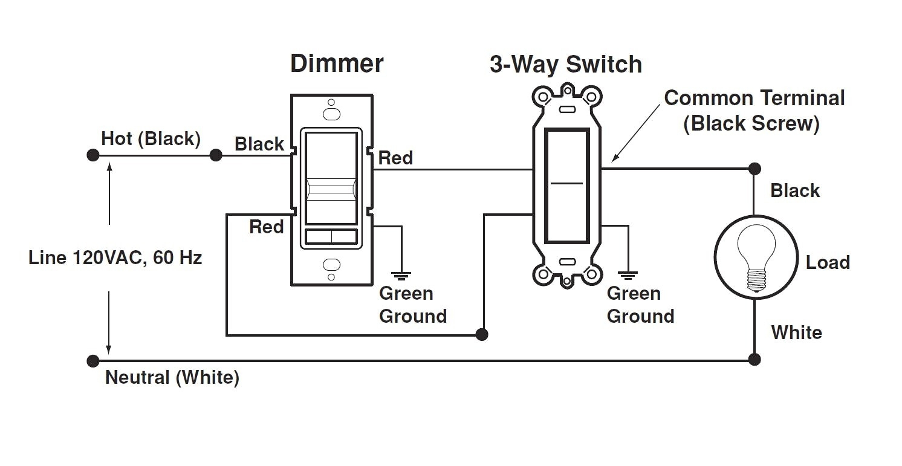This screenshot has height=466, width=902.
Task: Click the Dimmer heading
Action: pyautogui.click(x=337, y=63)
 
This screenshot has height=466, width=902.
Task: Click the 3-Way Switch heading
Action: pyautogui.click(x=565, y=65)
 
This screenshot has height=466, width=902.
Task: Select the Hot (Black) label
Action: pyautogui.click(x=151, y=138)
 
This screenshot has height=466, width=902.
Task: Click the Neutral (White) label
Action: pyautogui.click(x=172, y=378)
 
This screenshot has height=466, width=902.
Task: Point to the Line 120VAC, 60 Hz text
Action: pyautogui.click(x=115, y=258)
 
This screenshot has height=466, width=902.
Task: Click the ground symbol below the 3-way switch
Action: pyautogui.click(x=629, y=275)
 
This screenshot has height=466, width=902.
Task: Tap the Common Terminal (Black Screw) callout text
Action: pyautogui.click(x=754, y=111)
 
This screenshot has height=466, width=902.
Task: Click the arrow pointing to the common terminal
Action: pyautogui.click(x=635, y=132)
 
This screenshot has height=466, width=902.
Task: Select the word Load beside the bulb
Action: pyautogui.click(x=828, y=262)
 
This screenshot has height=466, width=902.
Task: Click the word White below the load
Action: pyautogui.click(x=796, y=332)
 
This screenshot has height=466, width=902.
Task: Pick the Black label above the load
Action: pyautogui.click(x=795, y=191)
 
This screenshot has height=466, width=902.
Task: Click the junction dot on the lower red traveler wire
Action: pyautogui.click(x=482, y=334)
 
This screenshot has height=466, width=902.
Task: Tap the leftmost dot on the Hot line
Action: pyautogui.click(x=92, y=155)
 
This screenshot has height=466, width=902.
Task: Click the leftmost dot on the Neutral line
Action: pyautogui.click(x=92, y=361)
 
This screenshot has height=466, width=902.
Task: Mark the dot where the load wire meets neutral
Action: pyautogui.click(x=754, y=360)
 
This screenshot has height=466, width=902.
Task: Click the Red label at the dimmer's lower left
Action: pyautogui.click(x=267, y=227)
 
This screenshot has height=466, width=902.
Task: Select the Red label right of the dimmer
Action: pyautogui.click(x=396, y=158)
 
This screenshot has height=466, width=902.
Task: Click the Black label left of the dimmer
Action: pyautogui.click(x=259, y=144)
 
